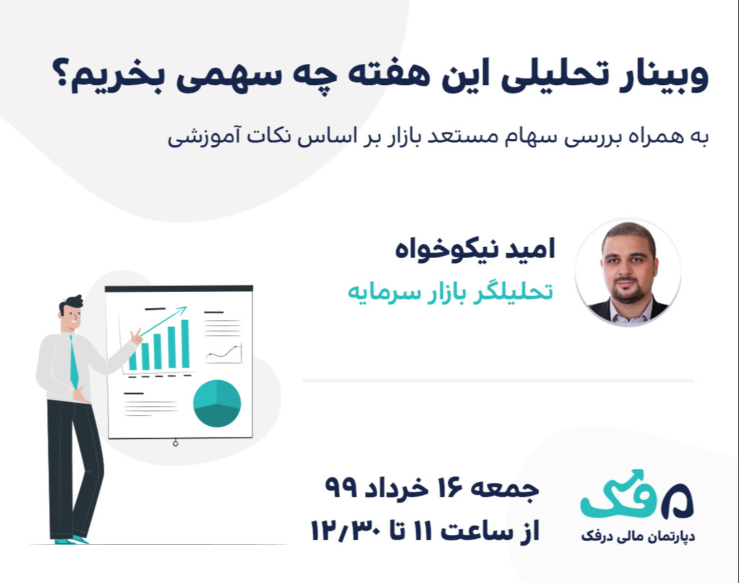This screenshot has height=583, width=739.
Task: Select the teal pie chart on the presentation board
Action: coord(217,404)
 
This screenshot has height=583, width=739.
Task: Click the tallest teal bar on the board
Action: coord(184,344)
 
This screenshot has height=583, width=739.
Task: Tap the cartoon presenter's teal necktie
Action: coord(74,361)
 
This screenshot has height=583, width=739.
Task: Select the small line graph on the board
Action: coord(223,353)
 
